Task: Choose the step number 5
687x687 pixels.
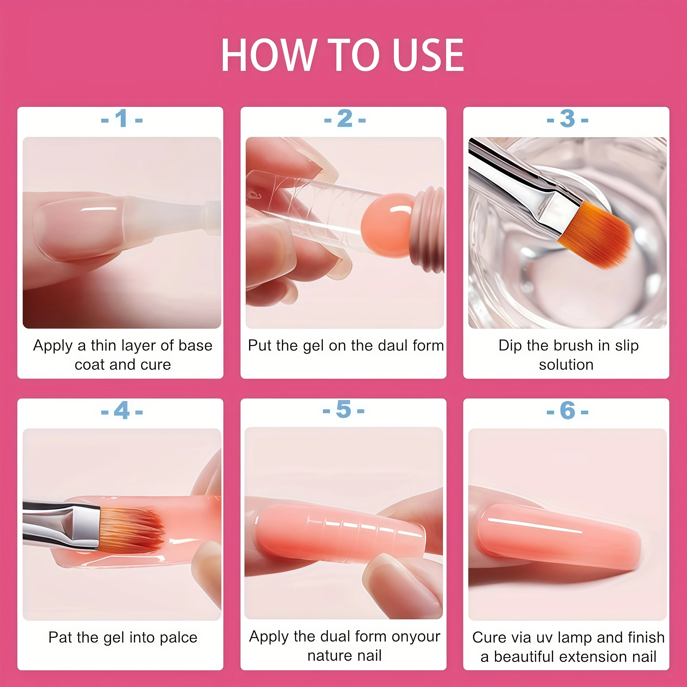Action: pyautogui.click(x=343, y=409)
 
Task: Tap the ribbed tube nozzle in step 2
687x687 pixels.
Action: pyautogui.click(x=429, y=231)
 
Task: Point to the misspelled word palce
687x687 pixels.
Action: pyautogui.click(x=178, y=638)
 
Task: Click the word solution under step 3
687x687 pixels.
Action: pyautogui.click(x=566, y=365)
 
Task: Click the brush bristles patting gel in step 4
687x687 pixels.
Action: pyautogui.click(x=131, y=530)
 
